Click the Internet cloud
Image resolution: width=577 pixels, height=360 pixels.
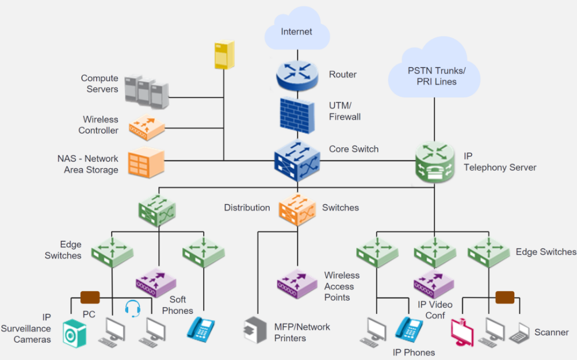[296, 30]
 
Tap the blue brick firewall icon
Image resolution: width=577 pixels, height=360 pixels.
[297, 115]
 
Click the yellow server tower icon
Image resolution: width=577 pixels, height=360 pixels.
[224, 55]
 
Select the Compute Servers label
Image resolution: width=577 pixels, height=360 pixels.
[99, 83]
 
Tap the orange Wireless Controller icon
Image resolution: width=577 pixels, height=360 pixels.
[147, 126]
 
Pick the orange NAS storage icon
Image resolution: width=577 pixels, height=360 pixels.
[146, 163]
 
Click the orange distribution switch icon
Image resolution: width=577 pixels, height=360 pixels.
[297, 210]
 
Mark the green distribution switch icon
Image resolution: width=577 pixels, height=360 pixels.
[156, 209]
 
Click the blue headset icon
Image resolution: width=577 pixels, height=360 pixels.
[133, 308]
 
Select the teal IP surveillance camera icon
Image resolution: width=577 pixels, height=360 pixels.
[74, 333]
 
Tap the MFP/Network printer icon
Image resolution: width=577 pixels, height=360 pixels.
[255, 330]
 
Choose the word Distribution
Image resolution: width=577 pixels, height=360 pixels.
[247, 208]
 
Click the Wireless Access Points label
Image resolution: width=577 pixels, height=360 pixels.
[342, 286]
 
